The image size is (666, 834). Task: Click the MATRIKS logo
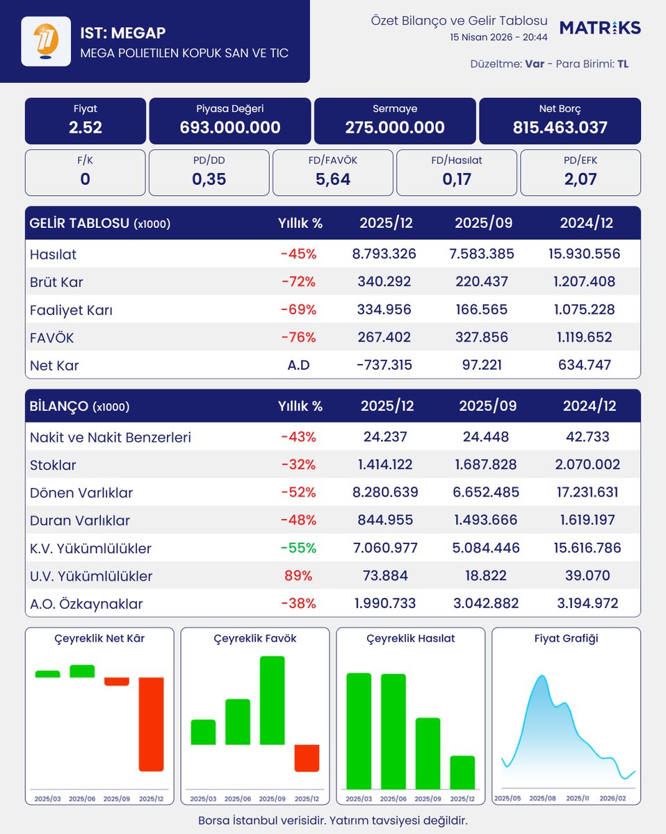(600, 28)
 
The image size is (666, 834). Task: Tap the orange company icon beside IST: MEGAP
(45, 41)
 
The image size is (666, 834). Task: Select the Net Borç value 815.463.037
(560, 128)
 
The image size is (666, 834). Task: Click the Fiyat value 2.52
(86, 128)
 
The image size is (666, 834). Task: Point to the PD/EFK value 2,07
(580, 180)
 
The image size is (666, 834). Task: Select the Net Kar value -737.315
(386, 366)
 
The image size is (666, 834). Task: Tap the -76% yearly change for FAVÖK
(298, 338)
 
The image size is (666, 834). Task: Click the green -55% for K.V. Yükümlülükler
(298, 548)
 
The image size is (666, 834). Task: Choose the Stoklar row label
(53, 465)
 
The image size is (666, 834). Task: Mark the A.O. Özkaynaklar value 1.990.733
(386, 604)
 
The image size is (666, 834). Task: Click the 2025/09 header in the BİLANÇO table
(487, 406)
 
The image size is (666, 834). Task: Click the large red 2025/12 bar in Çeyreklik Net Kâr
(152, 723)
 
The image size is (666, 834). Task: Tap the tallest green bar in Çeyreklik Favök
(273, 700)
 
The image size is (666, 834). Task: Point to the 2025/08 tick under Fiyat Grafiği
(543, 799)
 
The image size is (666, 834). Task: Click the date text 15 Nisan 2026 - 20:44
(498, 37)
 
